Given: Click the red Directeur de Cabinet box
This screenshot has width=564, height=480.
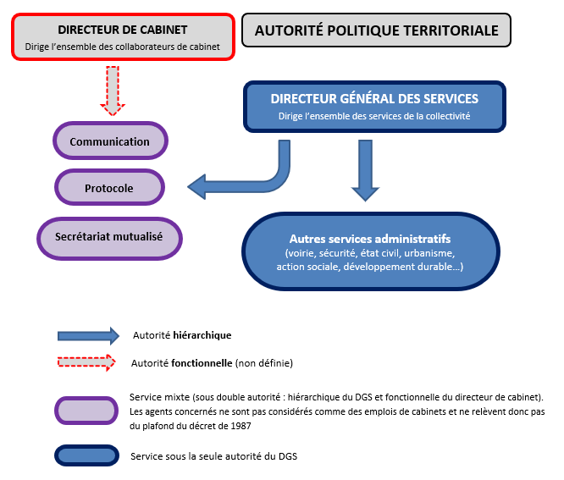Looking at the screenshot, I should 123,36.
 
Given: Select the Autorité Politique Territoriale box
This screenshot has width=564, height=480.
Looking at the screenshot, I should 377,30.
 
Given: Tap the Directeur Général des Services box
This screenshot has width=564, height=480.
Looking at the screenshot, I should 374,107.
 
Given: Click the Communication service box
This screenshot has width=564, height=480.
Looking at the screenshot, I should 110,142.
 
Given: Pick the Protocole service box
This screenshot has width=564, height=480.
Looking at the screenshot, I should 109,188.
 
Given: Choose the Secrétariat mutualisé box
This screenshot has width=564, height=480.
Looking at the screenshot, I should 110,236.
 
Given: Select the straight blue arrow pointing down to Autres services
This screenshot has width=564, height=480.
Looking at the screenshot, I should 365,169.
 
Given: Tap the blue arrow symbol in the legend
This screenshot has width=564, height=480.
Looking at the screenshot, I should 86,335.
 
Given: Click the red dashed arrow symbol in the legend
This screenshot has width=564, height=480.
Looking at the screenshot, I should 86,363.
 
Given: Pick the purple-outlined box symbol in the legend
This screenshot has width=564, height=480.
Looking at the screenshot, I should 86,411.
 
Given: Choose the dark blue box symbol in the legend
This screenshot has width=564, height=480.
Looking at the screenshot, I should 86,456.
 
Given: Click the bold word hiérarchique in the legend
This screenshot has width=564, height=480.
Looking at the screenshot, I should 202,335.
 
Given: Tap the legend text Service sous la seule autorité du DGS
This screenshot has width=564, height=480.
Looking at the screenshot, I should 213,456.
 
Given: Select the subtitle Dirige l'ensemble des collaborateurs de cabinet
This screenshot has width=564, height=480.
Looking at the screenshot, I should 123,46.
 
